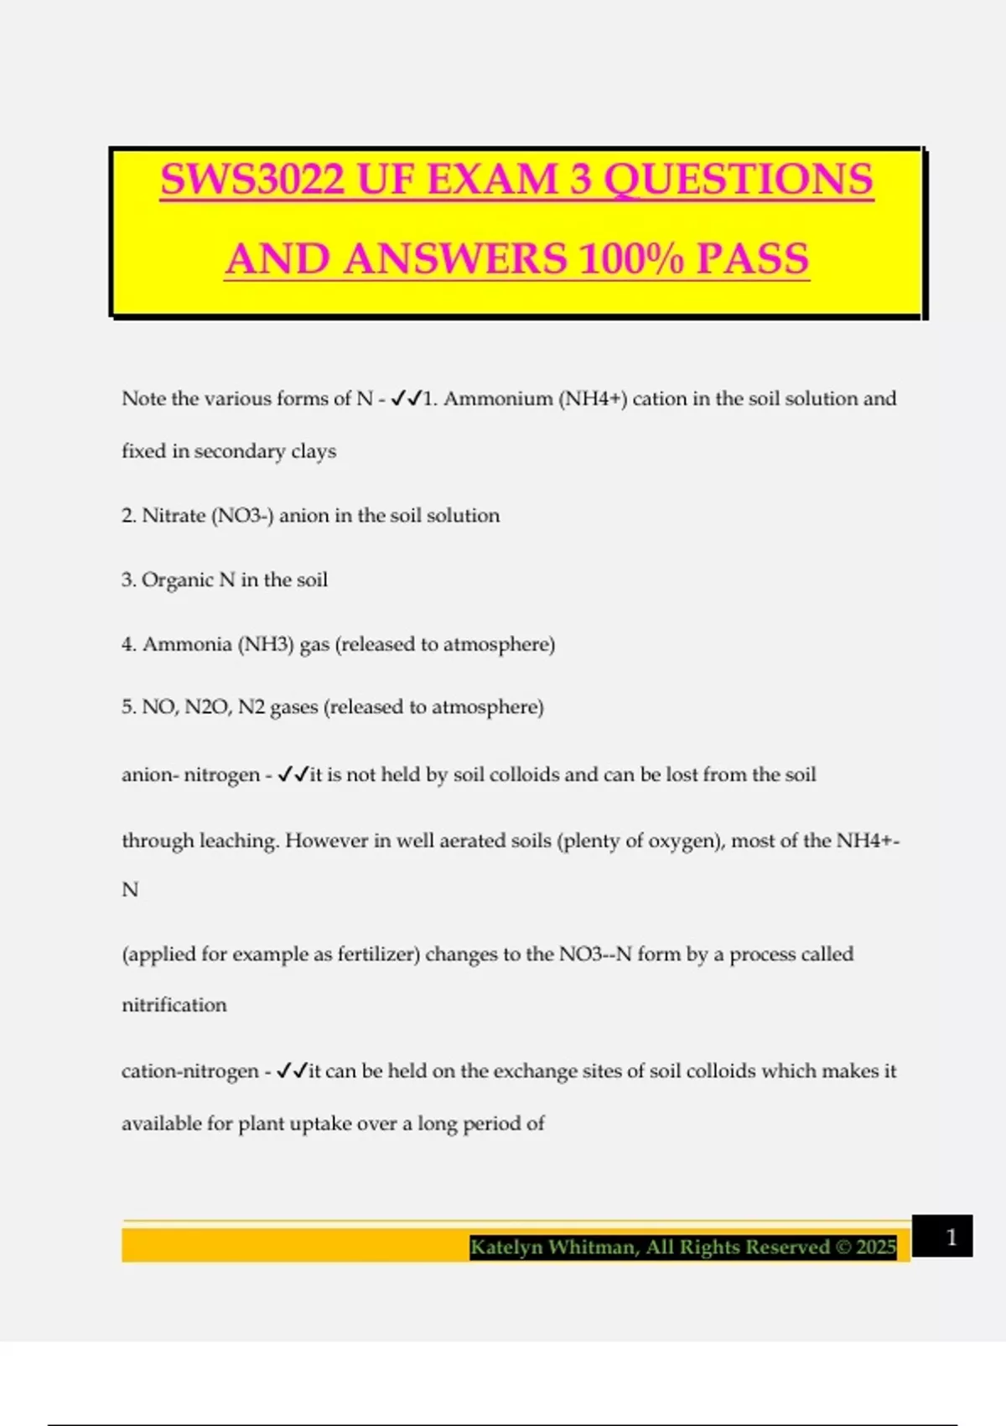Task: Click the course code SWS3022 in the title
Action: (251, 180)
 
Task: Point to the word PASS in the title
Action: (752, 259)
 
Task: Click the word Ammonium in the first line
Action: (498, 398)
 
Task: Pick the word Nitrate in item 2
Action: (174, 515)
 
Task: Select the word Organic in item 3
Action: (177, 580)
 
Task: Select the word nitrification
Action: (174, 1005)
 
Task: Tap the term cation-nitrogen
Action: (190, 1071)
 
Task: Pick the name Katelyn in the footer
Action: (506, 1247)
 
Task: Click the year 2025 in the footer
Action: (876, 1247)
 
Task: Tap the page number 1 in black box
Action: (951, 1236)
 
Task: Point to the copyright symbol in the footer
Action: (843, 1247)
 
